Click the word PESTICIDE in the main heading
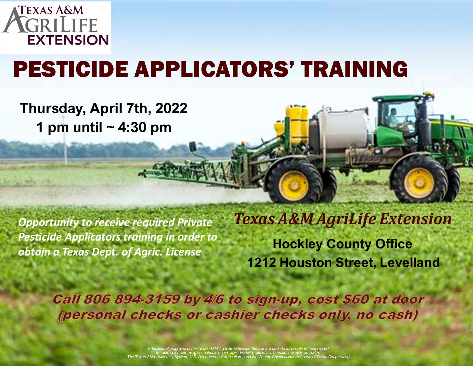coord(71,69)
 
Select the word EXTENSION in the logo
coord(68,40)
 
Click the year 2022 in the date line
coord(171,108)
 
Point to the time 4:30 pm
coord(144,127)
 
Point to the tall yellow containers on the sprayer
coord(297,125)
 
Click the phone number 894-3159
coord(147,299)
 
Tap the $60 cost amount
coord(355,299)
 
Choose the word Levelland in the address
coord(410,263)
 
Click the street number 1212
coord(261,263)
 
